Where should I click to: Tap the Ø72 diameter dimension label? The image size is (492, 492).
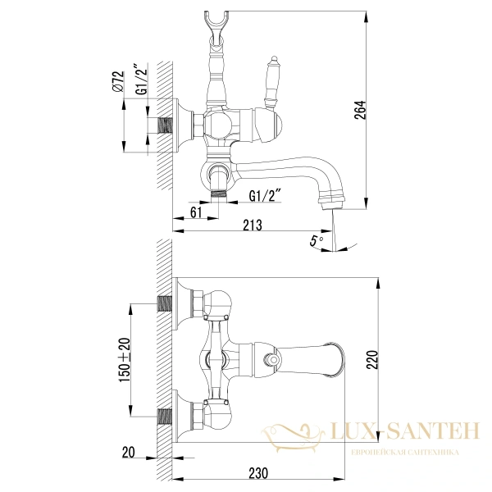tap(119, 82)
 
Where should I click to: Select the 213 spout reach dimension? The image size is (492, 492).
tap(254, 225)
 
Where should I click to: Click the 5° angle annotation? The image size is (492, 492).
tap(316, 240)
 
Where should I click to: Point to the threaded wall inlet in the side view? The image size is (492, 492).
tap(167, 125)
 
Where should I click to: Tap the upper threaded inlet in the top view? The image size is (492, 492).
tap(166, 306)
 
